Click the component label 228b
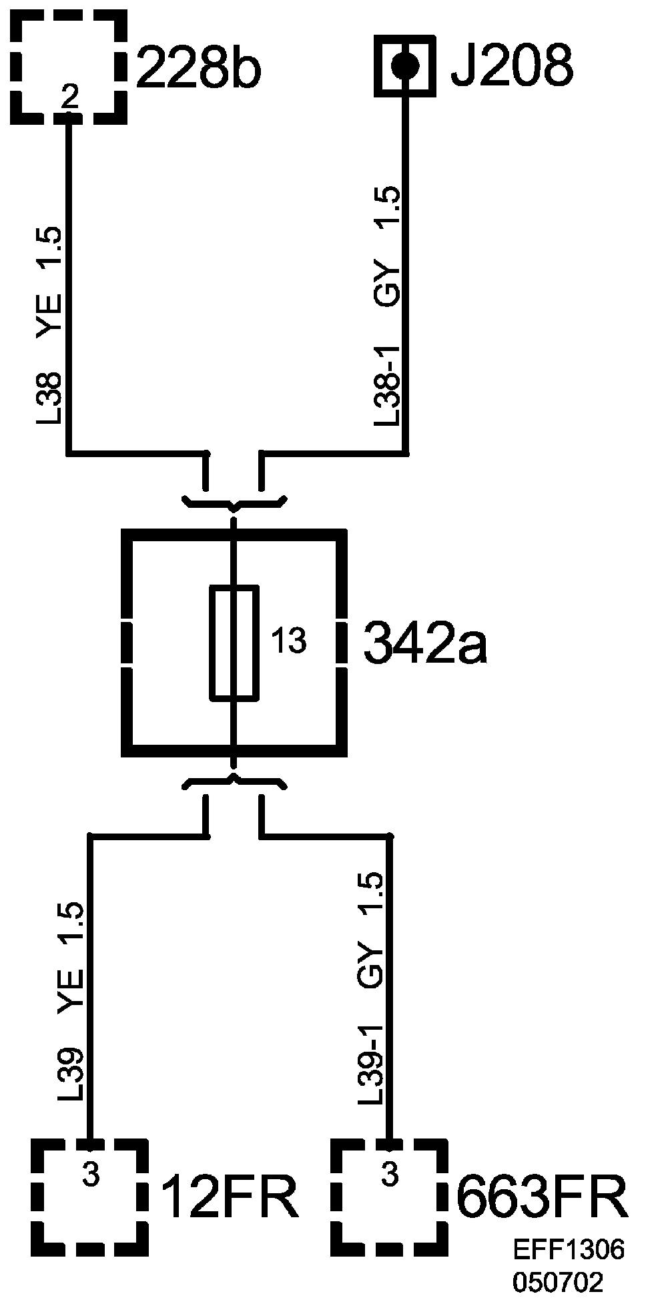(x=198, y=67)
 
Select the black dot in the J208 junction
(x=404, y=65)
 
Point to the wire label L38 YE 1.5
(x=49, y=326)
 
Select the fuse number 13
(x=288, y=641)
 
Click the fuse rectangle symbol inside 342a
(x=234, y=643)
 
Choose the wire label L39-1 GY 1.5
(x=371, y=988)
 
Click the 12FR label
(x=229, y=1178)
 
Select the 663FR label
(x=542, y=1178)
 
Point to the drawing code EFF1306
(x=569, y=1250)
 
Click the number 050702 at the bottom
(x=558, y=1281)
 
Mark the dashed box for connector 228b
(x=69, y=67)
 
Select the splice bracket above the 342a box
(x=234, y=501)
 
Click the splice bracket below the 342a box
(x=234, y=782)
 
